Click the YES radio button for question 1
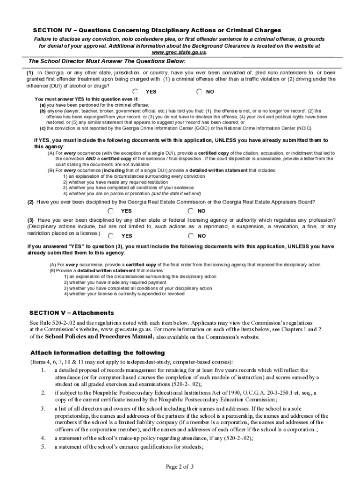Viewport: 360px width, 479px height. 136,92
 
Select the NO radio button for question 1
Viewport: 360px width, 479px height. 200,92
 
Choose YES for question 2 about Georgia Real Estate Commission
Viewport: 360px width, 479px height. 111,211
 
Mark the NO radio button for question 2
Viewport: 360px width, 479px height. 191,211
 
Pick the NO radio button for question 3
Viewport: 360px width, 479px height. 191,236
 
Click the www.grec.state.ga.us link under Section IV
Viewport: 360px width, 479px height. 179,52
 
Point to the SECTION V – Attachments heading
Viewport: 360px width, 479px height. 72,312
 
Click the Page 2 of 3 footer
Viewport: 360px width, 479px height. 180,466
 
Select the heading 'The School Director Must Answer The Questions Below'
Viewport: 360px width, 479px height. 107,61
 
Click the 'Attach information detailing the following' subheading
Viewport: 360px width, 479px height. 97,353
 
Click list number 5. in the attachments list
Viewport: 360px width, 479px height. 43,447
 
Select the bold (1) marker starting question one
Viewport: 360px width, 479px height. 30,73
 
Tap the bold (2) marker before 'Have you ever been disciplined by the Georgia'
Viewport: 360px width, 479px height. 30,202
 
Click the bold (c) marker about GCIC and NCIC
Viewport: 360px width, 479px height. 42,128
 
